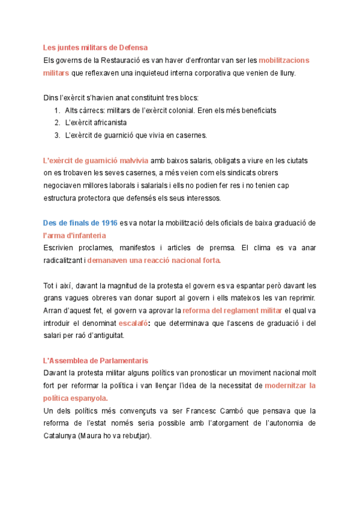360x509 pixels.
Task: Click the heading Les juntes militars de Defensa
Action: pos(95,47)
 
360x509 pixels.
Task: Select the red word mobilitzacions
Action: pos(284,60)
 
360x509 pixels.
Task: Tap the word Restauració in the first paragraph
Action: pos(122,60)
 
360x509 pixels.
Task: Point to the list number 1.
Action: pos(56,110)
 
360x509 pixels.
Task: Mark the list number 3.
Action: pos(56,135)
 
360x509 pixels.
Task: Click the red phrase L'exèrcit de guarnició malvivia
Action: pos(96,160)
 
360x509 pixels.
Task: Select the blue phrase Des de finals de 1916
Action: pos(80,223)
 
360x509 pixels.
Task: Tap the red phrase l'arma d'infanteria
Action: pos(74,235)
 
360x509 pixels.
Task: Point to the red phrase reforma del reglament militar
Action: pos(232,311)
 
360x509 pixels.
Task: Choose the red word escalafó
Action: pos(134,324)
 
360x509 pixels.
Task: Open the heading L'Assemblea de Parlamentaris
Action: pos(95,361)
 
